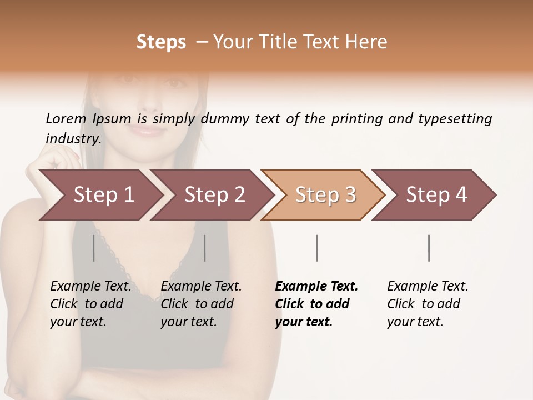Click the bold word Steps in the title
coord(161,42)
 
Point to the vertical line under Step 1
coord(94,248)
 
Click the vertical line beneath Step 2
coord(205,248)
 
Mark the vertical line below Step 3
coord(316,248)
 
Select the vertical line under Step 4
coord(429,248)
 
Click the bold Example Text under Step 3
coord(316,304)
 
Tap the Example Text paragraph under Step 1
coord(90,304)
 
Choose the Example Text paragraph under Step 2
coord(201,304)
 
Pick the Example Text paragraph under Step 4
coord(428,304)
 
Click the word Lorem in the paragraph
coord(66,119)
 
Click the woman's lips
coord(149,131)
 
